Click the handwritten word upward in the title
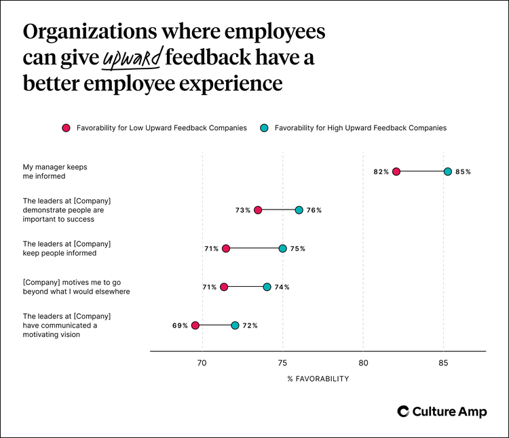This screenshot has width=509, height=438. (x=132, y=59)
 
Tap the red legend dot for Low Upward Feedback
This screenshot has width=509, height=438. (x=66, y=127)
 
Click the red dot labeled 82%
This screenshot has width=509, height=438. (x=396, y=172)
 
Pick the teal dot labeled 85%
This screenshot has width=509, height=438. (x=448, y=172)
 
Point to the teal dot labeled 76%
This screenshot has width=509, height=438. (x=299, y=210)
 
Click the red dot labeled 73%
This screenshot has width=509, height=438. (x=258, y=210)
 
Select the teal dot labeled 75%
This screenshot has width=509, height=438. (x=283, y=249)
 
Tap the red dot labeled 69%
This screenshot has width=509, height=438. (x=195, y=325)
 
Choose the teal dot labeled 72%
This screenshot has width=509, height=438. (x=235, y=325)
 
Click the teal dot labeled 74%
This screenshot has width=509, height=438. (x=267, y=287)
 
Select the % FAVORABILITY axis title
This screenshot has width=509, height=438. (x=318, y=379)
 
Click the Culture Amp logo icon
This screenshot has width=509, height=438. (x=403, y=412)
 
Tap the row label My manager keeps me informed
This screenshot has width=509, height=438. (x=55, y=172)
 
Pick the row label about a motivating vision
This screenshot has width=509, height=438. (x=67, y=325)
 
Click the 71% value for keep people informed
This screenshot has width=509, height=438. (x=211, y=249)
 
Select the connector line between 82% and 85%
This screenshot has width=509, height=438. (x=422, y=172)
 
